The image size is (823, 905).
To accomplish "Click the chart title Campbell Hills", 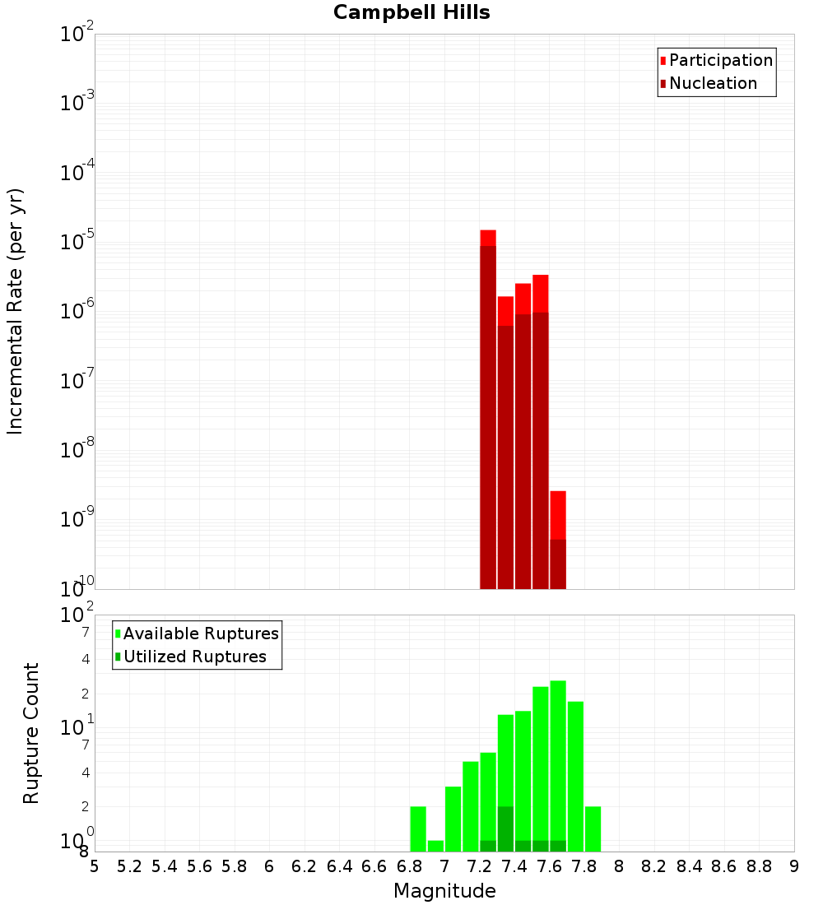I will tap(411, 13).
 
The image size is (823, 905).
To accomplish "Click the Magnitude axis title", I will tap(444, 891).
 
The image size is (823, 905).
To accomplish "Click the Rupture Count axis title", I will tap(31, 733).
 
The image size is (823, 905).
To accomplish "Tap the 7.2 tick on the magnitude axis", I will tap(479, 866).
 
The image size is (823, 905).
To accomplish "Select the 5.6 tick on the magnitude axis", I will tap(199, 866).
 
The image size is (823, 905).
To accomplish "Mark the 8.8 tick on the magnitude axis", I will tap(759, 866).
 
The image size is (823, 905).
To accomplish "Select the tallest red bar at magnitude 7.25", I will tap(488, 411).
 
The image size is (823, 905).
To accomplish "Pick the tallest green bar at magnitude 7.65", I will tap(558, 765).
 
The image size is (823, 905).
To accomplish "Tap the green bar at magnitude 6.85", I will tap(418, 828).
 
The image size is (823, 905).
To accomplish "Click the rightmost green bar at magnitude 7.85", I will tap(593, 828).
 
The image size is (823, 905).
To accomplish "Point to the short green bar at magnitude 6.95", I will tap(435, 846).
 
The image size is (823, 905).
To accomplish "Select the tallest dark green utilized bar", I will tap(505, 828).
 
